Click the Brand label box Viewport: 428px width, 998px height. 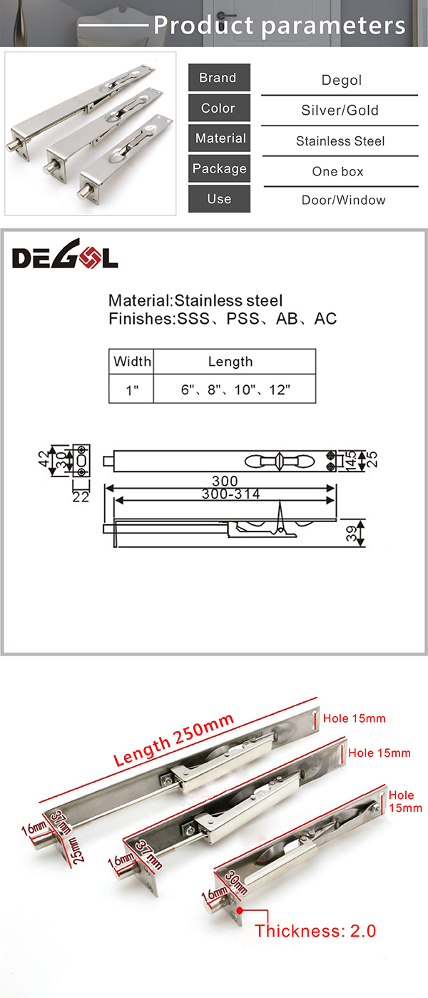[x=219, y=78]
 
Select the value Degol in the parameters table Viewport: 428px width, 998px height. [x=341, y=80]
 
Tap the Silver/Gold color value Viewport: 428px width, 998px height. [x=340, y=111]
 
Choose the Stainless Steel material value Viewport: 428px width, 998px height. [x=340, y=141]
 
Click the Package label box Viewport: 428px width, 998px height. [x=219, y=169]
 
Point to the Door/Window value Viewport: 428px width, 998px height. [x=342, y=200]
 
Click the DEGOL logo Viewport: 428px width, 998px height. [x=65, y=258]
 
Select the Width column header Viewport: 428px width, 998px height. [x=132, y=362]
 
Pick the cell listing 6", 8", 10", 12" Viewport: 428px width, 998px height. [x=235, y=391]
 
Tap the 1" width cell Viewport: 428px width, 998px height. [x=132, y=391]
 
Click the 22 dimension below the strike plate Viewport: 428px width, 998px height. [x=81, y=497]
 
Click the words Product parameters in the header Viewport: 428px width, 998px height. [x=280, y=26]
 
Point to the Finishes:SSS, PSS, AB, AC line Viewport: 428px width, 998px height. [x=223, y=319]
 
